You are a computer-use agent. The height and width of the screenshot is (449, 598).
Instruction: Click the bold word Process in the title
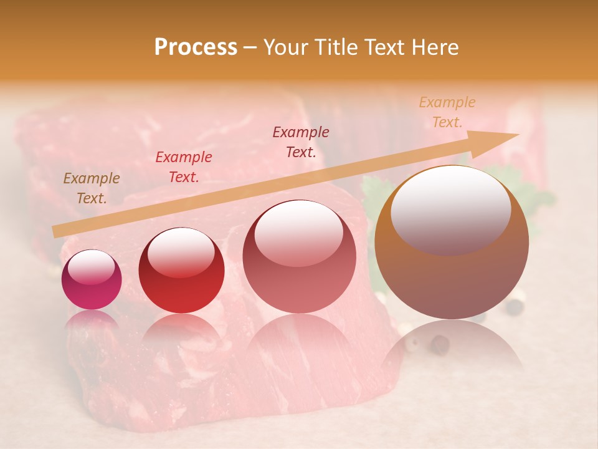pos(196,47)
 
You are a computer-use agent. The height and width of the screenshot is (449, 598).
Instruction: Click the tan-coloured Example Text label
pos(92,188)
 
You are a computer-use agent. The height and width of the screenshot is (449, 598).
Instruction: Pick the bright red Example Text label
pos(184,167)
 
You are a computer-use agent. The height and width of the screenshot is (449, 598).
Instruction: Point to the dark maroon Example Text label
pos(301,142)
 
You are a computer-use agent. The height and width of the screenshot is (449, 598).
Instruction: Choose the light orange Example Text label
pos(447,112)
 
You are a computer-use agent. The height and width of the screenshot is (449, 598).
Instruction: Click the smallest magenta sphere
pos(92,280)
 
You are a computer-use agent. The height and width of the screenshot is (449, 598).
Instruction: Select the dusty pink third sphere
pos(300,256)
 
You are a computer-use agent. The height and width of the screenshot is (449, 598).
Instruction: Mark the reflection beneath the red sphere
pos(181,331)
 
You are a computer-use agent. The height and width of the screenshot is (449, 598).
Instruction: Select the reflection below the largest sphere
pos(452,349)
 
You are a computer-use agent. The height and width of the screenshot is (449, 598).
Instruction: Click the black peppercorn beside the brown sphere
pos(514,307)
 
